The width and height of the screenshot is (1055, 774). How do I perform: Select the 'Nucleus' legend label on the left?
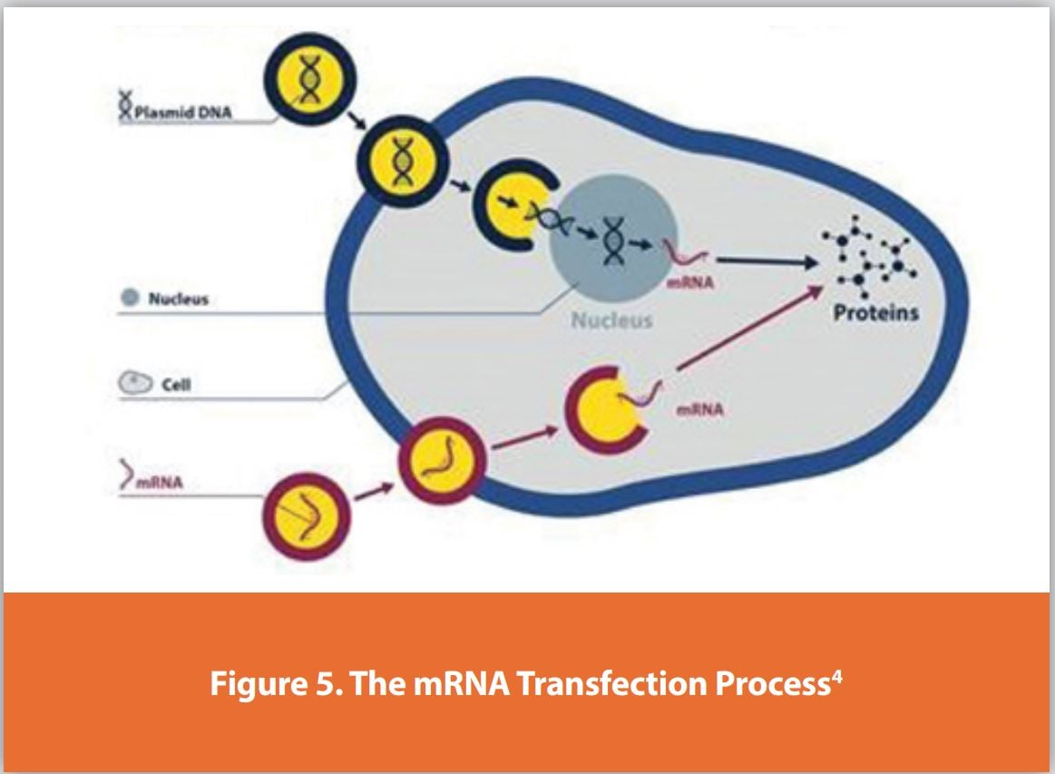[x=178, y=299]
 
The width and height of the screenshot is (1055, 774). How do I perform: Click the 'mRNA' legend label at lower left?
[x=160, y=482]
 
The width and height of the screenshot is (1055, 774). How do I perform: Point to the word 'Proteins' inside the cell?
[x=877, y=313]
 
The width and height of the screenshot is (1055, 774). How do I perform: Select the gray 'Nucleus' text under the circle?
[x=611, y=320]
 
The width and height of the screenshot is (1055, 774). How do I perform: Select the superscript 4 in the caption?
[x=839, y=674]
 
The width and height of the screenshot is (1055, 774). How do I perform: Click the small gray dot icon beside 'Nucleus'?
[x=130, y=299]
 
